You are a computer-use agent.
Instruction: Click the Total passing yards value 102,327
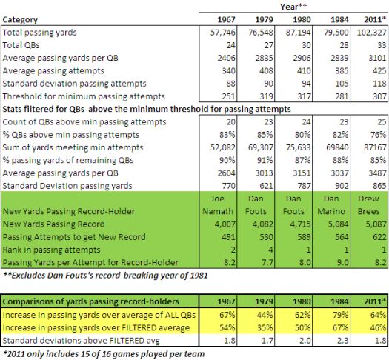[x=372, y=33]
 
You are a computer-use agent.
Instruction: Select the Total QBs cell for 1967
[x=230, y=45]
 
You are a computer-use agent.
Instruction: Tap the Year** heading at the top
[x=293, y=7]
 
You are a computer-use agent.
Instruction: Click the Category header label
[x=20, y=19]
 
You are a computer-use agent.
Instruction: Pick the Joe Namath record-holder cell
[x=218, y=205]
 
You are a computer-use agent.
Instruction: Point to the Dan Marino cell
[x=331, y=205]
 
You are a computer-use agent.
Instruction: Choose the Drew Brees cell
[x=368, y=205]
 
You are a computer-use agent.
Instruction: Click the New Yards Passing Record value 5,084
[x=339, y=224]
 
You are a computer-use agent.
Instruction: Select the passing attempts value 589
[x=304, y=237]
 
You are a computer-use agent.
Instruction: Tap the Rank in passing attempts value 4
[x=270, y=250]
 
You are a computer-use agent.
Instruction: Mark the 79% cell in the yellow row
[x=340, y=315]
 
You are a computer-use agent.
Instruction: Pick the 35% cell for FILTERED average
[x=265, y=327]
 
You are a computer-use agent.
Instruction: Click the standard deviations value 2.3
[x=342, y=341]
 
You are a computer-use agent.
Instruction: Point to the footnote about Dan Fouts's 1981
[x=106, y=276]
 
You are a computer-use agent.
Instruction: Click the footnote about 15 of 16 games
[x=104, y=354]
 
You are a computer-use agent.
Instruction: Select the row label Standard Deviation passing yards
[x=67, y=186]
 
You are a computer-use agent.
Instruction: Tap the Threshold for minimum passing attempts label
[x=84, y=96]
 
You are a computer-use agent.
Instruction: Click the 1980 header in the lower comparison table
[x=302, y=301]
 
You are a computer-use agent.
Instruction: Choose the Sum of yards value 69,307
[x=261, y=147]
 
